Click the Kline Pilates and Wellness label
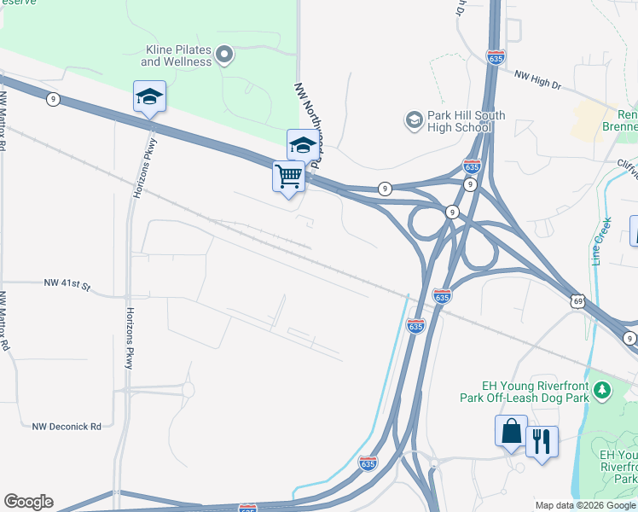coord(176,55)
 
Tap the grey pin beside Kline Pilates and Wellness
coord(224,55)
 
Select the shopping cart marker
coord(288,177)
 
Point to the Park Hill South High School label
coord(467,121)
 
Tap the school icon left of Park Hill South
coord(415,120)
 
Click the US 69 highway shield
coord(577,302)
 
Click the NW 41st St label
coord(67,284)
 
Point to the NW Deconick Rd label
coord(67,426)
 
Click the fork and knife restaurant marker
coord(542,442)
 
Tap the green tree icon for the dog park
coord(603,391)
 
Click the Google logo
coord(28,502)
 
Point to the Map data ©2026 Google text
coord(585,505)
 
